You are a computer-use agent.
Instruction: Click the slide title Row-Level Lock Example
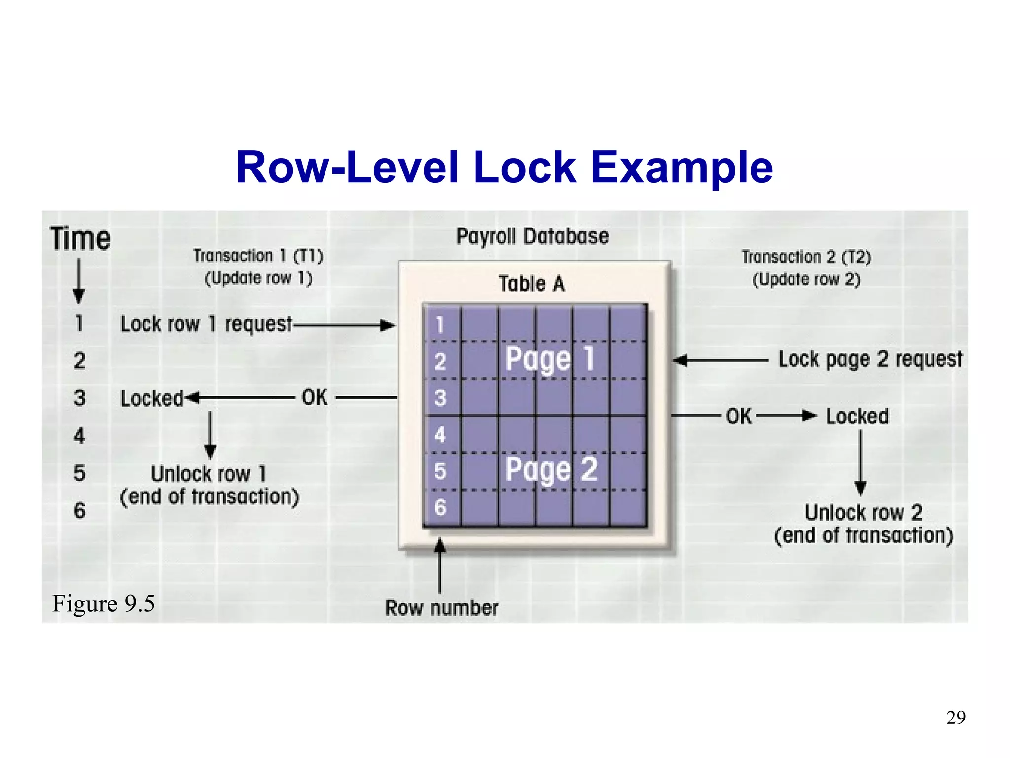pyautogui.click(x=504, y=168)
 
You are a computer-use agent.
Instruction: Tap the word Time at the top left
pyautogui.click(x=80, y=239)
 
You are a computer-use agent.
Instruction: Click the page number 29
pyautogui.click(x=955, y=718)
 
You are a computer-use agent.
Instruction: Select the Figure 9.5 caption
pyautogui.click(x=104, y=604)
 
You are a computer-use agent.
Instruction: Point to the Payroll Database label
pyautogui.click(x=532, y=236)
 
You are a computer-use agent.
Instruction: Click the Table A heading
pyautogui.click(x=531, y=284)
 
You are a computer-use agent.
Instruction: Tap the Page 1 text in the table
pyautogui.click(x=550, y=359)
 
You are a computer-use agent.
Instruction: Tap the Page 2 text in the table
pyautogui.click(x=551, y=469)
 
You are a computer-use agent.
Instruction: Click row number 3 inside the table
pyautogui.click(x=440, y=398)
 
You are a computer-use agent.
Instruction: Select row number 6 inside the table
pyautogui.click(x=440, y=507)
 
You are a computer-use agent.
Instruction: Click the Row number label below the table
pyautogui.click(x=441, y=608)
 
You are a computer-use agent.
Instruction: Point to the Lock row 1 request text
pyautogui.click(x=206, y=324)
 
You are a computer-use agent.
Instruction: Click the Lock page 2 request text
pyautogui.click(x=870, y=359)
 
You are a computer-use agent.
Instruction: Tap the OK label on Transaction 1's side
pyautogui.click(x=315, y=398)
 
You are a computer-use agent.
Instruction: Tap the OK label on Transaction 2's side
pyautogui.click(x=738, y=417)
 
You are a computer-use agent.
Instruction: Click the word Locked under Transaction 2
pyautogui.click(x=857, y=417)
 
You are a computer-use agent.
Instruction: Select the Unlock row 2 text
pyautogui.click(x=864, y=513)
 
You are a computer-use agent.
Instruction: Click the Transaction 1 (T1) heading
pyautogui.click(x=258, y=256)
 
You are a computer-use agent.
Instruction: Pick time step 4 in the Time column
pyautogui.click(x=79, y=436)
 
